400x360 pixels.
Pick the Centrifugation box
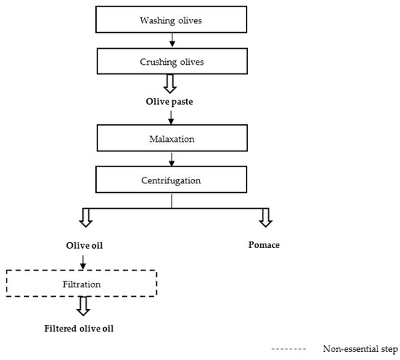click(x=170, y=178)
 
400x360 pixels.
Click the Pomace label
click(x=264, y=245)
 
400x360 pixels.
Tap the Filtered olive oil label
click(x=81, y=327)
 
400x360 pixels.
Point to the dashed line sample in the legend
click(x=286, y=348)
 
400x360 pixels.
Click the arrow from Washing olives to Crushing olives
click(x=170, y=41)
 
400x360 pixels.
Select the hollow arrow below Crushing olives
click(x=170, y=84)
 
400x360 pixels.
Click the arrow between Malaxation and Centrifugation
click(x=170, y=157)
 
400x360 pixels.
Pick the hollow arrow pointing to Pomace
click(x=264, y=217)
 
